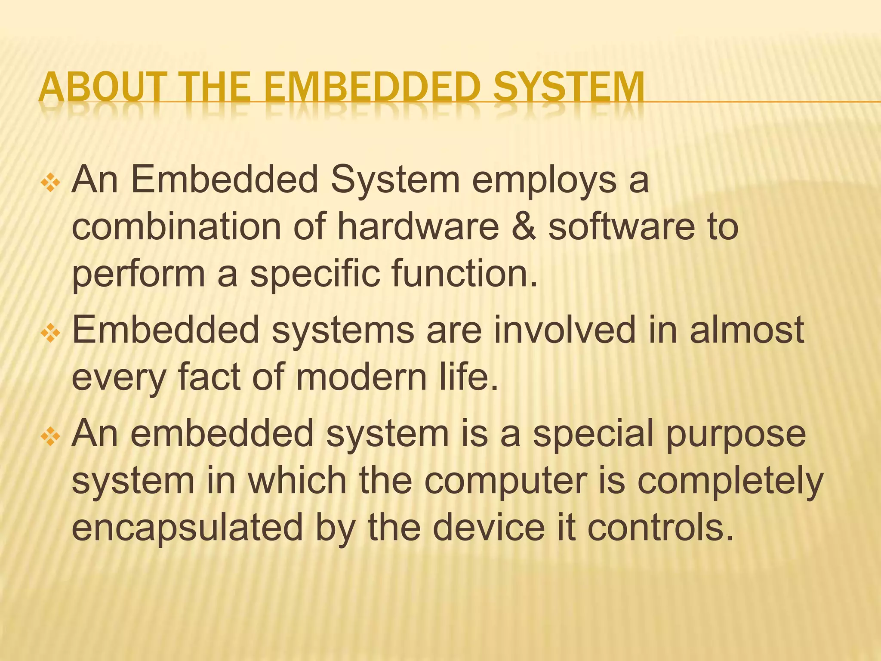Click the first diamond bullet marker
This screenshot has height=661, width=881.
coord(51,183)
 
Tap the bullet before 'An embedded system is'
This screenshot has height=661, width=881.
coord(51,437)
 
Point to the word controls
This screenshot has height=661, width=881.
coord(660,528)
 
